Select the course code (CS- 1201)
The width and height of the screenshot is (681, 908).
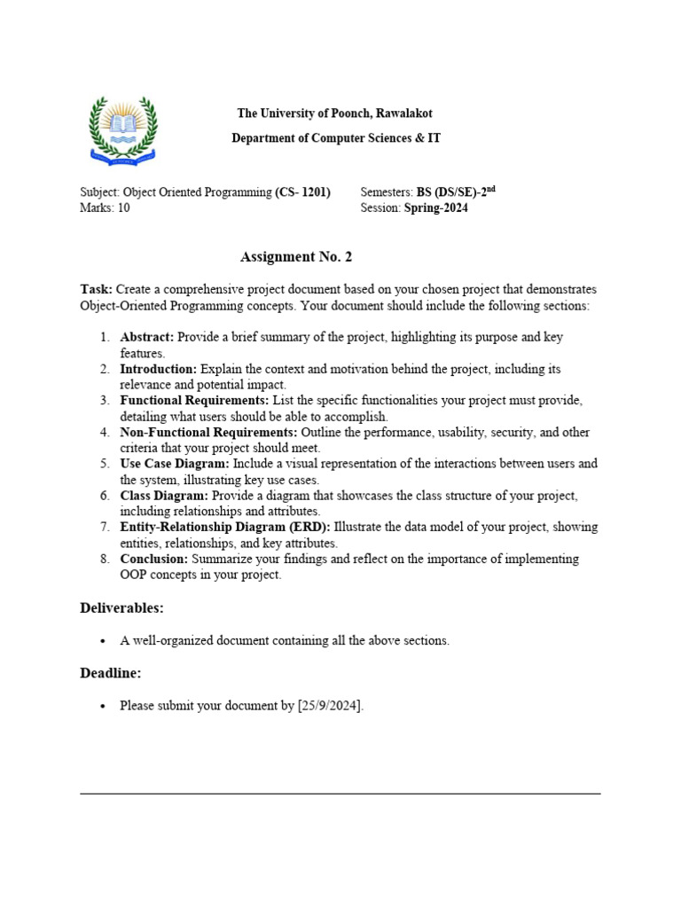pyautogui.click(x=303, y=192)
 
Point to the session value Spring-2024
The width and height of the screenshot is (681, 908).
pyautogui.click(x=436, y=208)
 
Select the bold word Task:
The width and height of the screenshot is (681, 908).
pyautogui.click(x=96, y=290)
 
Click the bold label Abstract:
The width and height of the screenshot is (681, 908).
pyautogui.click(x=148, y=337)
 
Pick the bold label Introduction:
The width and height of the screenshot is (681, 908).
pyautogui.click(x=159, y=369)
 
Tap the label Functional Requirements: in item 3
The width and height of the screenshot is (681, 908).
pyautogui.click(x=194, y=401)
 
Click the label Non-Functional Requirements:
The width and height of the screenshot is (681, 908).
pyautogui.click(x=209, y=433)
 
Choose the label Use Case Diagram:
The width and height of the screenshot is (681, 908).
pyautogui.click(x=175, y=464)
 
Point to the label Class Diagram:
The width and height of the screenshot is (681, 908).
pyautogui.click(x=164, y=496)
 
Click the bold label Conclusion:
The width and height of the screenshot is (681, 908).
pyautogui.click(x=153, y=559)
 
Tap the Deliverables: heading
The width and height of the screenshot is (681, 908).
pyautogui.click(x=122, y=608)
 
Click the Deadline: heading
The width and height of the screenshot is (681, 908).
pyautogui.click(x=111, y=673)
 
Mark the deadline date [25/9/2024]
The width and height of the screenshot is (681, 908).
pyautogui.click(x=330, y=706)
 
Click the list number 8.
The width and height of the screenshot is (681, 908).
pyautogui.click(x=104, y=559)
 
